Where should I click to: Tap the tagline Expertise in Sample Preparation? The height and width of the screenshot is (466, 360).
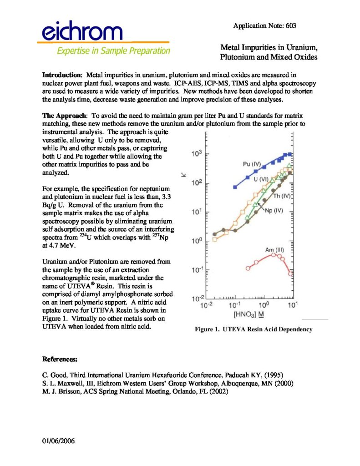(x=113, y=51)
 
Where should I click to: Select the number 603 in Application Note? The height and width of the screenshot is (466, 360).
(x=291, y=26)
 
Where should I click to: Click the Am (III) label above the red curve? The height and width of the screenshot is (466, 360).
(x=274, y=250)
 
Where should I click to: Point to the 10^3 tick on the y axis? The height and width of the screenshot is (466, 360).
(x=196, y=154)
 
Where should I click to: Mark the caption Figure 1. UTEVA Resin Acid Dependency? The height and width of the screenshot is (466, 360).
(x=254, y=329)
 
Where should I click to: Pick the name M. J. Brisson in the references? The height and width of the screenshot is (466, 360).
(x=60, y=391)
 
